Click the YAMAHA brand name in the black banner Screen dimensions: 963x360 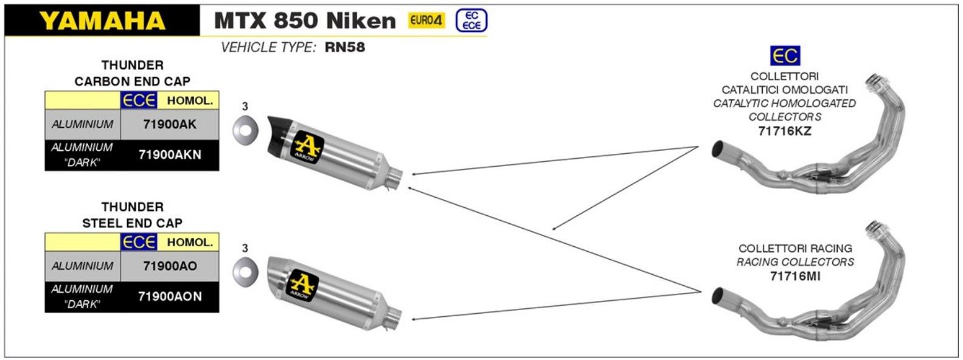tap(102, 21)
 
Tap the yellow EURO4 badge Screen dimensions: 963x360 tap(426, 20)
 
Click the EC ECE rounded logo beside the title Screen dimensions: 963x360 tap(471, 21)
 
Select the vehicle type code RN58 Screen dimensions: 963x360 tap(345, 47)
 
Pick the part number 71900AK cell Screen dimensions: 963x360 tap(170, 124)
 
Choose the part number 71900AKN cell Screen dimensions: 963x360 tap(170, 154)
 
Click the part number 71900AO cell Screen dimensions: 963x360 tap(170, 266)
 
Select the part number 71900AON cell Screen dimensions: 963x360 tap(170, 296)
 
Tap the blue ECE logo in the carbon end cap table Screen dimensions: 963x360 tap(139, 100)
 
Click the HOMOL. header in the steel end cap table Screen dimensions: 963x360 tap(190, 242)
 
